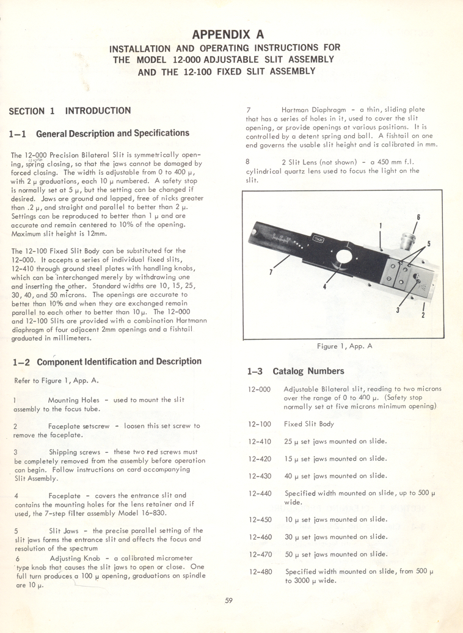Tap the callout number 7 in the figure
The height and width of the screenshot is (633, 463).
tap(271, 273)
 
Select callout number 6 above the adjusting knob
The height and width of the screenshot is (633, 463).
tap(418, 218)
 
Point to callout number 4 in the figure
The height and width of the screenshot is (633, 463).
tap(324, 286)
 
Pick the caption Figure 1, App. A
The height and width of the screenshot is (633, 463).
tap(345, 346)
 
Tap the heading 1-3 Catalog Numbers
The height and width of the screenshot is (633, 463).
tap(296, 371)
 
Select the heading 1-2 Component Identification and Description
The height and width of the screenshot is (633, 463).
tap(107, 362)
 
